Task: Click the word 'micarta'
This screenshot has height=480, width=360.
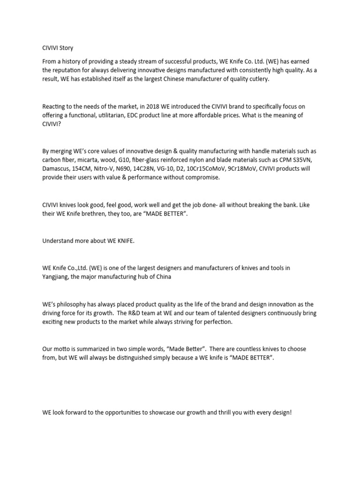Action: point(88,159)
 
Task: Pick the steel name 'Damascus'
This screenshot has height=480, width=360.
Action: point(57,168)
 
